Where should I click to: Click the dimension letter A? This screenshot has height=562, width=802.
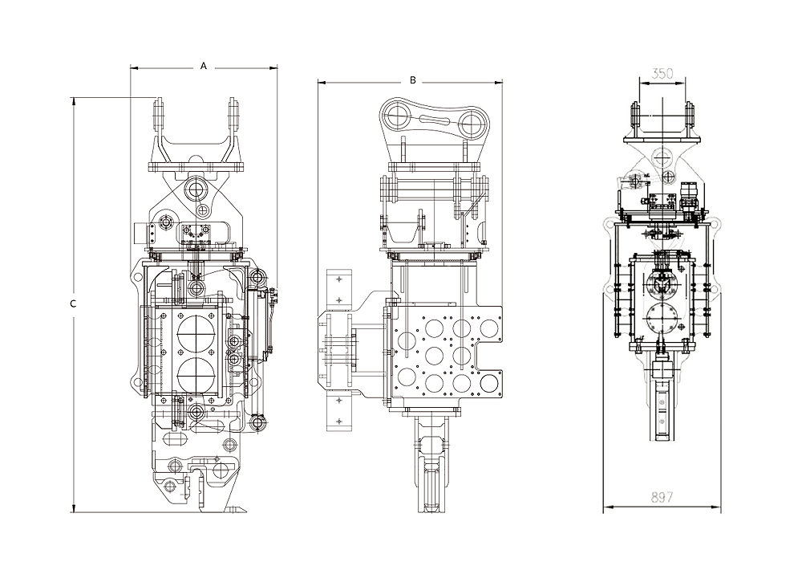[204, 67]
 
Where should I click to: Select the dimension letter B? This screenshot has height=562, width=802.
[413, 80]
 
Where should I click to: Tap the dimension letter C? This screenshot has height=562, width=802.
[73, 303]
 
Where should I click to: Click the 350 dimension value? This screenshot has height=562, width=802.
[662, 74]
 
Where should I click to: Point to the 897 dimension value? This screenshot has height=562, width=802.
[662, 497]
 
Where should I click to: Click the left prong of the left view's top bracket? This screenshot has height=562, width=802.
[158, 116]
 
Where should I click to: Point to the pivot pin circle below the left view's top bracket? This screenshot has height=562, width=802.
[195, 190]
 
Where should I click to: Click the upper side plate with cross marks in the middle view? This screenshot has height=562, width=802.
[339, 289]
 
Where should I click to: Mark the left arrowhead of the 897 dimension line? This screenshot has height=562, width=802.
[606, 507]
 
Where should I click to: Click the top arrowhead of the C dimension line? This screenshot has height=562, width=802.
[73, 100]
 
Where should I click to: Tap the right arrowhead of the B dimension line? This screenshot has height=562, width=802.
[500, 81]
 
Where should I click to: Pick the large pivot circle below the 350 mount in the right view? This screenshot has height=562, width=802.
[662, 156]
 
